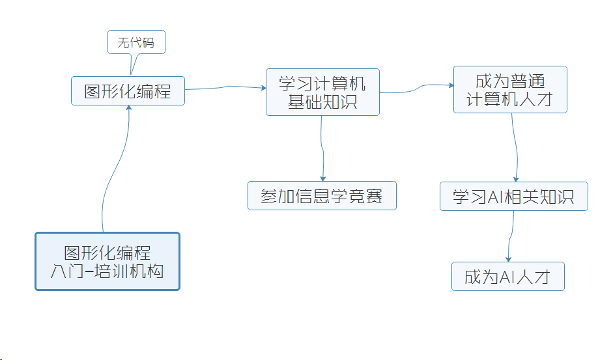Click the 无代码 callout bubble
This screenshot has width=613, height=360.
pyautogui.click(x=136, y=43)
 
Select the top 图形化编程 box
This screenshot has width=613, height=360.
pyautogui.click(x=128, y=91)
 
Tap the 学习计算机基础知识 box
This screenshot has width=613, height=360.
pyautogui.click(x=322, y=92)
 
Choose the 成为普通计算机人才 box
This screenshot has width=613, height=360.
pyautogui.click(x=510, y=90)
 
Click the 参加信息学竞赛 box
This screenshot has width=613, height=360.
pyautogui.click(x=322, y=196)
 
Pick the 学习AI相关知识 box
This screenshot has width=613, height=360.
pyautogui.click(x=513, y=197)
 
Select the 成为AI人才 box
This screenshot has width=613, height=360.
pyautogui.click(x=507, y=277)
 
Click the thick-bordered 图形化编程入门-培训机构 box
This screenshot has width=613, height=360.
pyautogui.click(x=107, y=261)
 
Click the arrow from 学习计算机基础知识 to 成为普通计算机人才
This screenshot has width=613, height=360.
pyautogui.click(x=416, y=88)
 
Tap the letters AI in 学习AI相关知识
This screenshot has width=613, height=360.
pyautogui.click(x=496, y=197)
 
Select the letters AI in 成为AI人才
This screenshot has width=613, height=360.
pyautogui.click(x=507, y=277)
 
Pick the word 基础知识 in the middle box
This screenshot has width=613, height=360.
pyautogui.click(x=322, y=102)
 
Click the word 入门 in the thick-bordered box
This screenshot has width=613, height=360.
pyautogui.click(x=68, y=271)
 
